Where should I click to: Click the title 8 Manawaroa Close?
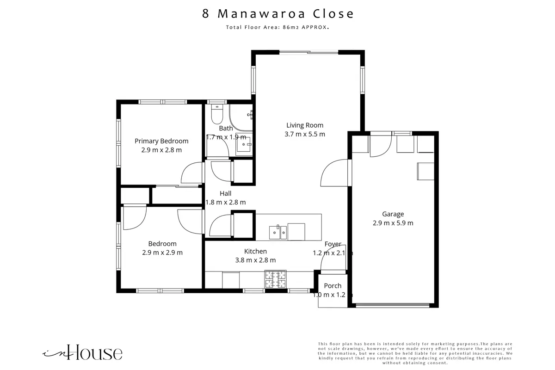[x=278, y=13]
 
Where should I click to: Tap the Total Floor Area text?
[x=277, y=27]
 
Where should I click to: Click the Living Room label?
[x=305, y=125]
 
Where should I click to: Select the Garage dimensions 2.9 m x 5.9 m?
[x=393, y=223]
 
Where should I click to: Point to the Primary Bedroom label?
[x=161, y=141]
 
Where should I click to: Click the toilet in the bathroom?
[x=217, y=114]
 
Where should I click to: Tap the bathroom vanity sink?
[x=244, y=144]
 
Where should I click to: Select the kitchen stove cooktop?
[x=275, y=279]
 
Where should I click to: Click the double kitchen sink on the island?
[x=278, y=232]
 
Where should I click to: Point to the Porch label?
[x=333, y=286]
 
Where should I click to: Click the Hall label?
[x=226, y=193]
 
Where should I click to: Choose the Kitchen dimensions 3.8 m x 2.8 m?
[x=255, y=260]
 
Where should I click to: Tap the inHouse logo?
[x=82, y=352]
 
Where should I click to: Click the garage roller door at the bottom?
[x=393, y=305]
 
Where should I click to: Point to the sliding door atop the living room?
[x=309, y=52]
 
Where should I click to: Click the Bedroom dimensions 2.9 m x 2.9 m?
[x=162, y=253]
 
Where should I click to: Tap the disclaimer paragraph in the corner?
[x=415, y=353]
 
